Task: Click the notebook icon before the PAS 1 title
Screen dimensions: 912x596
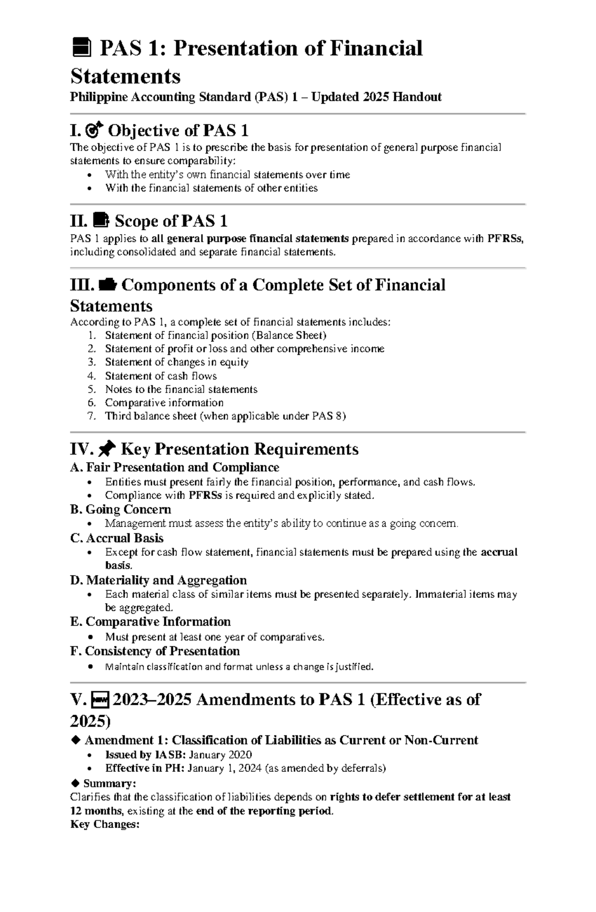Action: pyautogui.click(x=81, y=49)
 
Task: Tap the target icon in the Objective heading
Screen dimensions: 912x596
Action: pyautogui.click(x=94, y=131)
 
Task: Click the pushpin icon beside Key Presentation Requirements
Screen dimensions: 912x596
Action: pyautogui.click(x=107, y=450)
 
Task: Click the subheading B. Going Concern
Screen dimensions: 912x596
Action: pyautogui.click(x=121, y=509)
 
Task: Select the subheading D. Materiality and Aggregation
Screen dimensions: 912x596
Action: pyautogui.click(x=158, y=580)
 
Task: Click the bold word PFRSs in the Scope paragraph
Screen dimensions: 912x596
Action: pyautogui.click(x=505, y=239)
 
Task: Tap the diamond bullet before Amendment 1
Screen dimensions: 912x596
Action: pyautogui.click(x=75, y=740)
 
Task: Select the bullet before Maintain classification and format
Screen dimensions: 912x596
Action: pyautogui.click(x=89, y=666)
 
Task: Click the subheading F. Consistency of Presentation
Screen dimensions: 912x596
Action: pyautogui.click(x=155, y=651)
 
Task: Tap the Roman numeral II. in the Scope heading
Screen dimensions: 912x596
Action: pyautogui.click(x=79, y=221)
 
